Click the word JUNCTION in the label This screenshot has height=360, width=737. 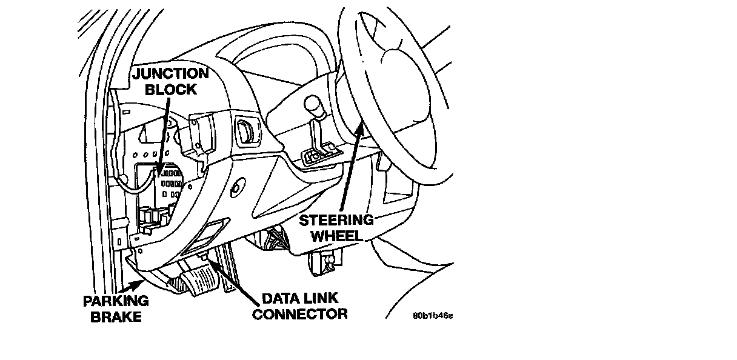tap(170, 73)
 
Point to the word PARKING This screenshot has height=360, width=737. tap(116, 301)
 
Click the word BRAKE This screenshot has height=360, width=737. tap(116, 316)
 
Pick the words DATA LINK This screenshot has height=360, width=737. tap(299, 299)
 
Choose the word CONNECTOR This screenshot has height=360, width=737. tap(299, 314)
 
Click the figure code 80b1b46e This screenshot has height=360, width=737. tap(433, 316)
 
